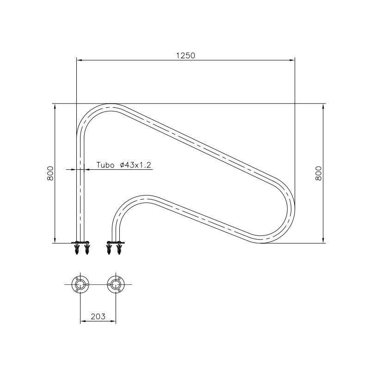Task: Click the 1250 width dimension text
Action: tap(185, 55)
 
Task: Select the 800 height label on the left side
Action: tap(51, 173)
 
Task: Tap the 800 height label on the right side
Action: tap(318, 173)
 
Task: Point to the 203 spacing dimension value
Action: tap(98, 316)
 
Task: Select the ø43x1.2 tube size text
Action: tap(136, 165)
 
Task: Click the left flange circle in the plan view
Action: tap(81, 284)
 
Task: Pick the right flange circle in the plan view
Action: tap(115, 284)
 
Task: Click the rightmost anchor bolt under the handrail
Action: tap(120, 250)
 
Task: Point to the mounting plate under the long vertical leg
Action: tap(81, 242)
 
